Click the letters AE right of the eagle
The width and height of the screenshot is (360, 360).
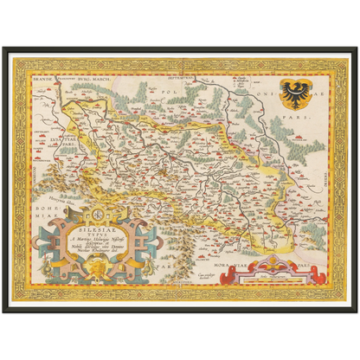click(319, 93)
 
